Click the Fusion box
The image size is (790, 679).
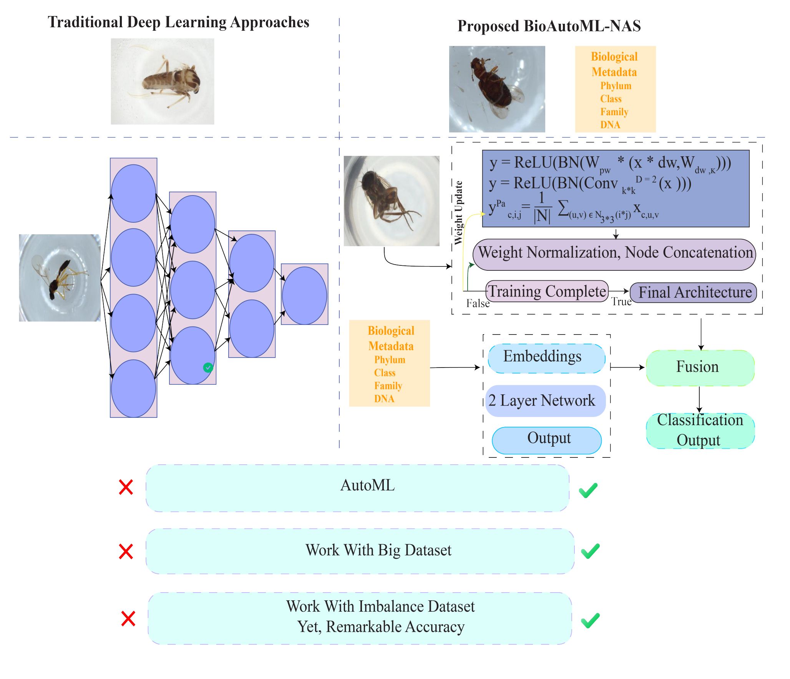point(700,368)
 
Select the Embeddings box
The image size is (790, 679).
point(546,358)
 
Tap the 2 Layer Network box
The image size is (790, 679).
point(545,401)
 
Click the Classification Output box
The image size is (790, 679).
point(700,430)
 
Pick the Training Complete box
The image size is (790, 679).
point(547,291)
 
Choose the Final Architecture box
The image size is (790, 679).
point(694,292)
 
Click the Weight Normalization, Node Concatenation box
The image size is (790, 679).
point(614,254)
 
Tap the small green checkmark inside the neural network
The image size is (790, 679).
point(208,368)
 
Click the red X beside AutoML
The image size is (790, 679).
point(126,487)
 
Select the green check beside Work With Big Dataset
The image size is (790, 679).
point(590,551)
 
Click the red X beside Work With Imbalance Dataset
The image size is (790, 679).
point(128,619)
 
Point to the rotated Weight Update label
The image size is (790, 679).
point(458,213)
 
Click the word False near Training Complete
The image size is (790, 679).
point(478,303)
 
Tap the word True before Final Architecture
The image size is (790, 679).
point(621,301)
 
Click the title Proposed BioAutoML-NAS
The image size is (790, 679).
point(549,26)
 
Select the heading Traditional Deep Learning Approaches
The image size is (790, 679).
point(178,22)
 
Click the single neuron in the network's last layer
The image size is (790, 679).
point(304,296)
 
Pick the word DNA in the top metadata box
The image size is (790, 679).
point(610,125)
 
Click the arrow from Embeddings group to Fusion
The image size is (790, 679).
point(627,368)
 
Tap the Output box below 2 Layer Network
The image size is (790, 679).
point(546,440)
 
